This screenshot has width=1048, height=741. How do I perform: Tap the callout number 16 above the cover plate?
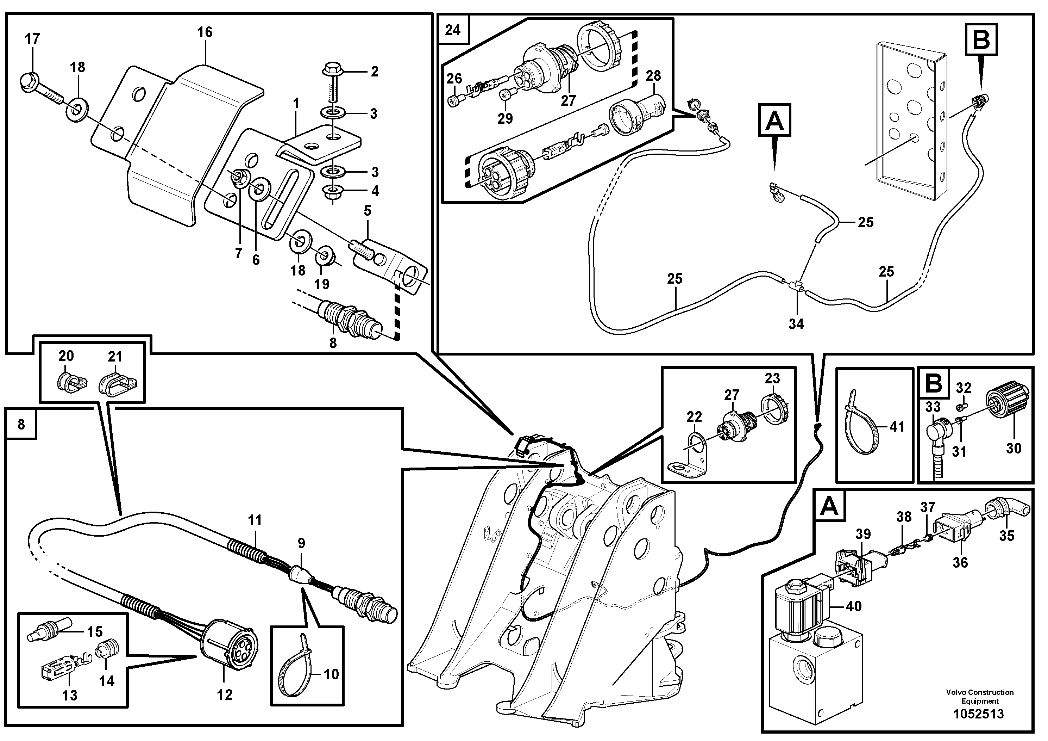205,32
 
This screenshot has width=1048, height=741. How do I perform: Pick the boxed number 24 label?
453,30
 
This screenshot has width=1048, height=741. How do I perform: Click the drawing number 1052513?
979,714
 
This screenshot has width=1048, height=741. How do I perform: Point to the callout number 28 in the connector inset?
653,76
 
